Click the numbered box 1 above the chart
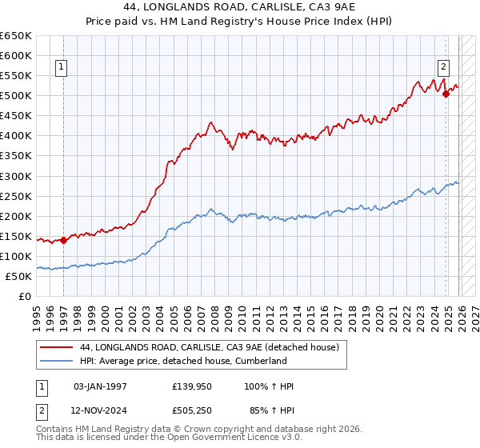(62, 68)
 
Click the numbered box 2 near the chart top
(443, 68)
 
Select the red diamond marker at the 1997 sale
(63, 240)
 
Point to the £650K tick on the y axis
(16, 36)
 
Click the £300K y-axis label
(16, 176)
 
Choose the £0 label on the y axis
(25, 296)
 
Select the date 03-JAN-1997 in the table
(100, 386)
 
